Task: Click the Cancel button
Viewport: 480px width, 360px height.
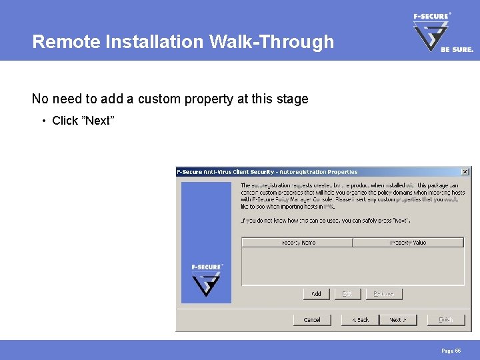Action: pyautogui.click(x=312, y=320)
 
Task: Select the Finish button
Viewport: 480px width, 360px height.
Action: pyautogui.click(x=445, y=320)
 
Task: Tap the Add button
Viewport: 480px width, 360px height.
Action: pyautogui.click(x=317, y=293)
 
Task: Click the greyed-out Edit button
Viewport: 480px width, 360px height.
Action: pyautogui.click(x=347, y=293)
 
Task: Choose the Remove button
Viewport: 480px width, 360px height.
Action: pyautogui.click(x=383, y=293)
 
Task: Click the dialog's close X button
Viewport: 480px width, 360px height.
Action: pyautogui.click(x=465, y=172)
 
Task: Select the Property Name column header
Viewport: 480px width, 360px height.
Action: pyautogui.click(x=297, y=243)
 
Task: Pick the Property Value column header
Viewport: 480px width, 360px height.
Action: pyautogui.click(x=408, y=243)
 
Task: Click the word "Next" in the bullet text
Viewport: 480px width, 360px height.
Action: pyautogui.click(x=97, y=121)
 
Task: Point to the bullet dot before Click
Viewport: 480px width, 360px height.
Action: pyautogui.click(x=43, y=121)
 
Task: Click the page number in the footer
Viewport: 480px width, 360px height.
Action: pyautogui.click(x=451, y=350)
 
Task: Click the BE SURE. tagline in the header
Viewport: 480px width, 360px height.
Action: pyautogui.click(x=457, y=49)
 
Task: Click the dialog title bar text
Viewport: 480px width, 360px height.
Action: pyautogui.click(x=267, y=172)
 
